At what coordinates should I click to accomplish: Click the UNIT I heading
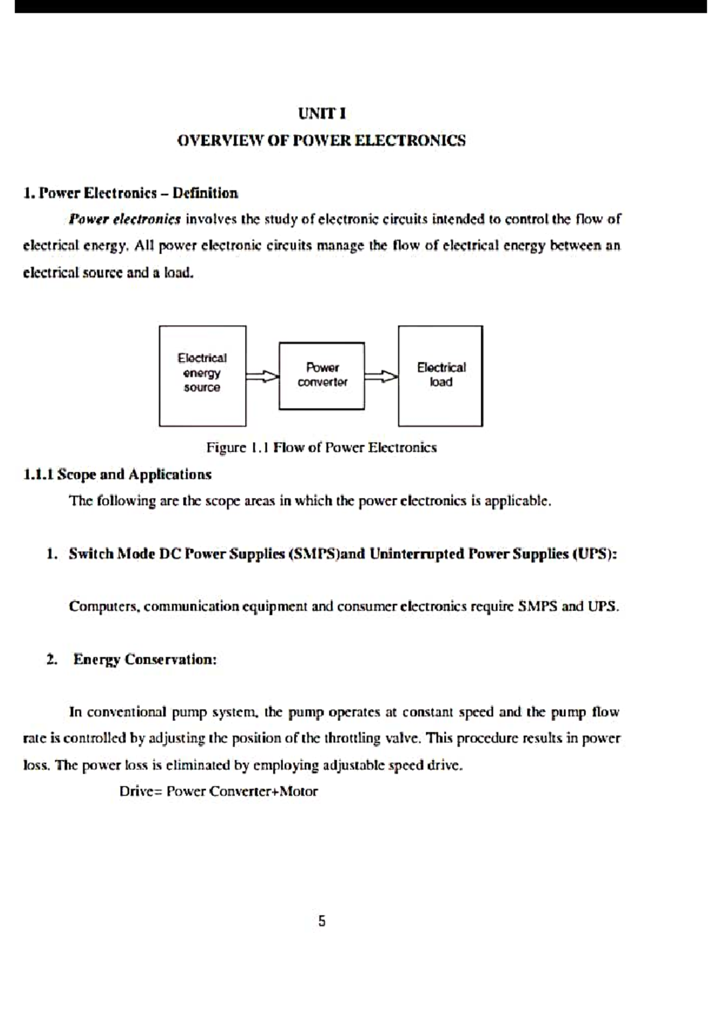[x=322, y=114]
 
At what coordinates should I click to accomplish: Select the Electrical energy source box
[x=202, y=375]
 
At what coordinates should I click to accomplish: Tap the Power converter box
[x=321, y=375]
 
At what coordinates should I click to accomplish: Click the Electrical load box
[x=440, y=375]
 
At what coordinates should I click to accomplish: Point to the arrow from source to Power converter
[x=263, y=376]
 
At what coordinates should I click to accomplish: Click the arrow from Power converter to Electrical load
[x=381, y=376]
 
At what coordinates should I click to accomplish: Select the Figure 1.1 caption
[x=321, y=448]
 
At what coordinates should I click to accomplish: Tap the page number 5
[x=322, y=921]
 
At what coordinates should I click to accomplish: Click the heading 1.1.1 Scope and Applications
[x=117, y=475]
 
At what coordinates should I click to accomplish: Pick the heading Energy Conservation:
[x=145, y=660]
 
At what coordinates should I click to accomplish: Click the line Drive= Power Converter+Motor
[x=219, y=791]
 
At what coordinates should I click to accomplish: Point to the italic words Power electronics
[x=125, y=219]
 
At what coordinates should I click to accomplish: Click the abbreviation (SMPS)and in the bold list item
[x=327, y=554]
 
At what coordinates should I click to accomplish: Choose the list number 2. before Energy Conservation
[x=52, y=660]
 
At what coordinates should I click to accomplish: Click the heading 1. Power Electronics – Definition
[x=130, y=193]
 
